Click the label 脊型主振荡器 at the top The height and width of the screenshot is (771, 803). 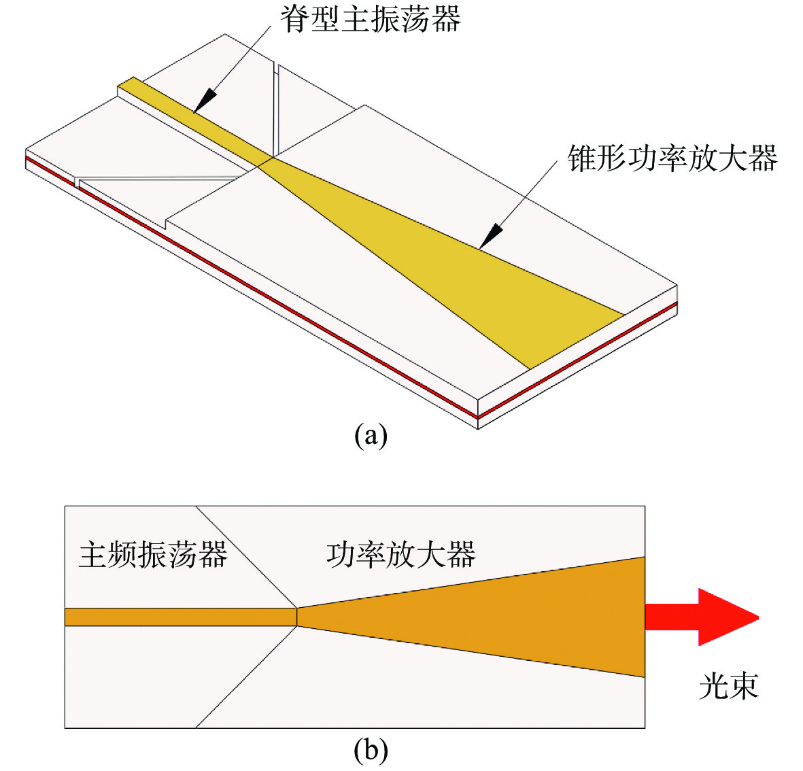pyautogui.click(x=370, y=19)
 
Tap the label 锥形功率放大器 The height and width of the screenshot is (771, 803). pyautogui.click(x=672, y=158)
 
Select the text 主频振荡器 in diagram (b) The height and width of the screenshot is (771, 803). pyautogui.click(x=153, y=554)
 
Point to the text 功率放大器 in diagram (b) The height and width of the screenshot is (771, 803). pyautogui.click(x=401, y=554)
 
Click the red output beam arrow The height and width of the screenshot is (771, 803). pyautogui.click(x=702, y=617)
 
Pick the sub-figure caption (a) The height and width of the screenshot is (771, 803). pyautogui.click(x=371, y=436)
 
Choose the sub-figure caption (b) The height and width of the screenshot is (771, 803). pyautogui.click(x=371, y=751)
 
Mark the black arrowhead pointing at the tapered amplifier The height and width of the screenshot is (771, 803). pyautogui.click(x=491, y=237)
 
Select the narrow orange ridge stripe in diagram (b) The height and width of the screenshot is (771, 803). pyautogui.click(x=181, y=617)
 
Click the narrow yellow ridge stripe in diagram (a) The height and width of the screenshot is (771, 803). pyautogui.click(x=194, y=120)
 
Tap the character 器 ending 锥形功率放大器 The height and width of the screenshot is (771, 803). pyautogui.click(x=763, y=158)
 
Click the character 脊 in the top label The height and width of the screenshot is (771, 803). pyautogui.click(x=295, y=19)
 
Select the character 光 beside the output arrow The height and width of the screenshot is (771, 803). pyautogui.click(x=714, y=685)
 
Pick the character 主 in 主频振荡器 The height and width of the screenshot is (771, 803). pyautogui.click(x=93, y=554)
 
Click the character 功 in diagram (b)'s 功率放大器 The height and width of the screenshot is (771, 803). pyautogui.click(x=341, y=554)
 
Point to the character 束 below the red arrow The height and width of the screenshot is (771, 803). pyautogui.click(x=744, y=685)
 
